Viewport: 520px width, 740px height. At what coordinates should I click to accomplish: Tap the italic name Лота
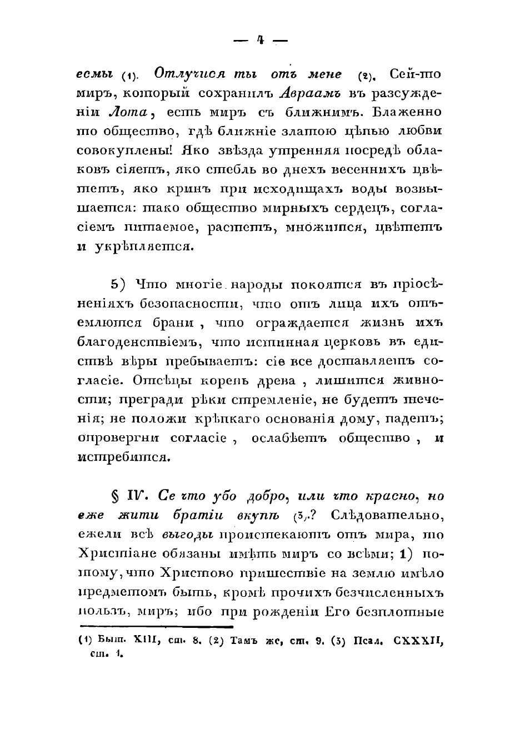tap(129, 112)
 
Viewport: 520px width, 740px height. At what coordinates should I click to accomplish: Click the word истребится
tap(120, 457)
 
